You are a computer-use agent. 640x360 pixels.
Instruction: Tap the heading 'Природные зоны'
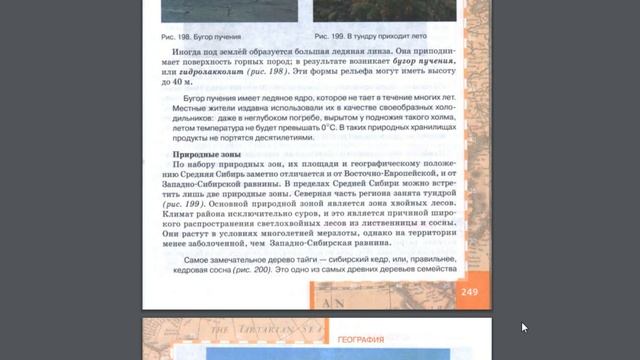(x=208, y=156)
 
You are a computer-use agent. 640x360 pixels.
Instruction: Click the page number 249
(x=470, y=291)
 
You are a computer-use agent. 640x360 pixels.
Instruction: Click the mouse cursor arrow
(x=525, y=327)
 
